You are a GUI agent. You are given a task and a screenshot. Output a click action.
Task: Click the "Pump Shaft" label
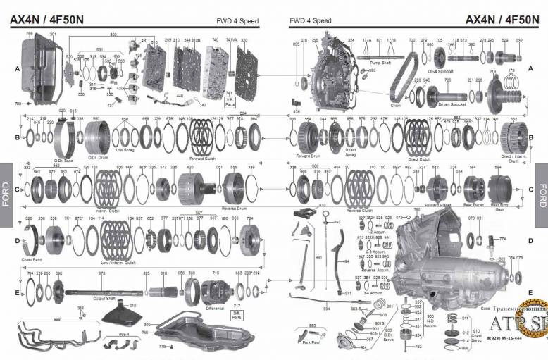coord(380,62)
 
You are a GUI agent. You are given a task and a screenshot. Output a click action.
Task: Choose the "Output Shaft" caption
coord(104,298)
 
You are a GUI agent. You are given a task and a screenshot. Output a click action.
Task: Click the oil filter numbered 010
coord(120,314)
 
